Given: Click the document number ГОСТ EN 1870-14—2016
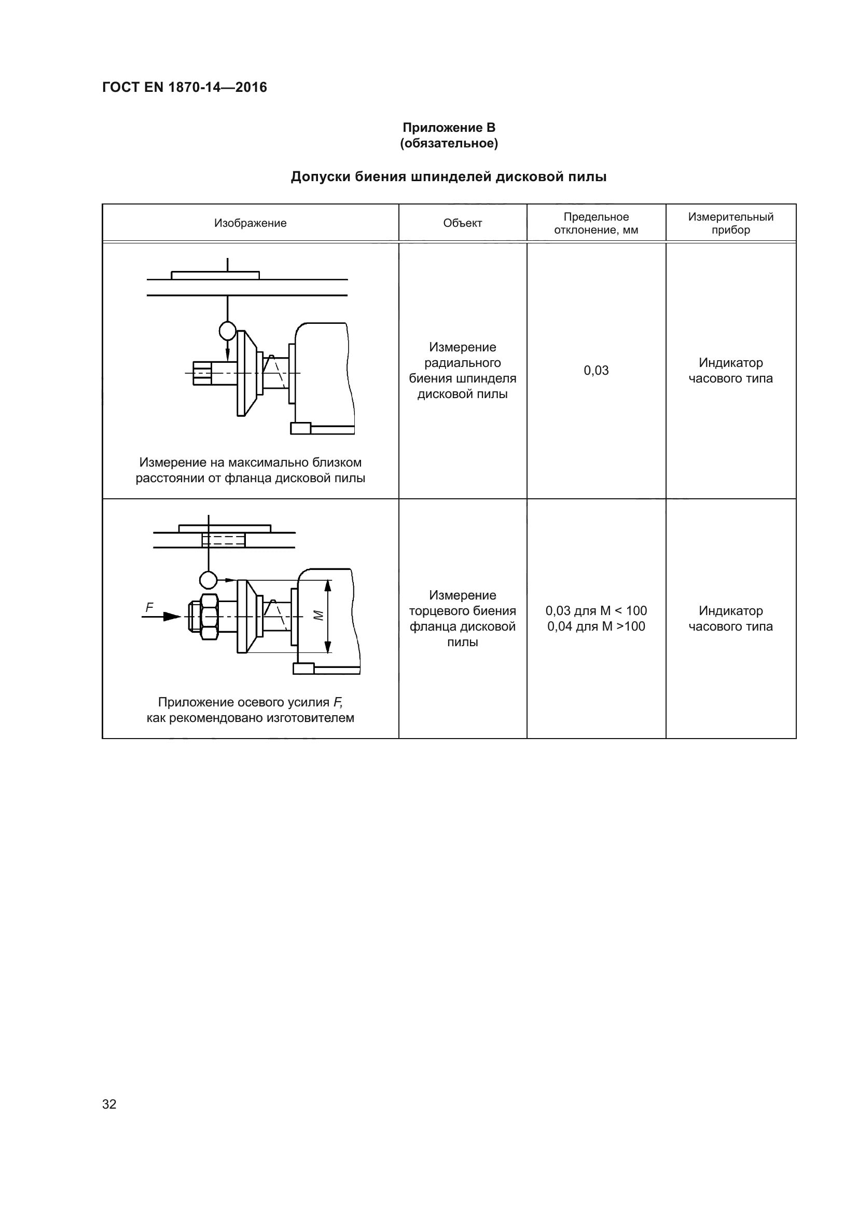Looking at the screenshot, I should (x=184, y=87).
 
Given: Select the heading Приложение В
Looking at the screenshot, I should (x=449, y=128).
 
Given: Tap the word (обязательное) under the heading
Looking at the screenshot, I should (x=449, y=143).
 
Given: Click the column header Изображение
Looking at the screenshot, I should (x=250, y=223).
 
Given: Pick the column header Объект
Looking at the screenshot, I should (x=462, y=223).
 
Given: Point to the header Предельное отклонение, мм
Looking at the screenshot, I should (x=596, y=223).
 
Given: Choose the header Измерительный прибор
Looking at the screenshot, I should (x=730, y=223).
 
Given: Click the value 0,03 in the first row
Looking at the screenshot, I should (x=596, y=371).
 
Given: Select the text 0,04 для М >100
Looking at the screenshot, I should (x=596, y=626).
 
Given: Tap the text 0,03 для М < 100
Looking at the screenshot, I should (x=596, y=611).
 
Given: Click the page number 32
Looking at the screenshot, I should (x=109, y=1104).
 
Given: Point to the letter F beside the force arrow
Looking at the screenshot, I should (x=149, y=608).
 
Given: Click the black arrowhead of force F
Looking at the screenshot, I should (x=172, y=617).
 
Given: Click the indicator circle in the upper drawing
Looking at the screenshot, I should (x=227, y=331).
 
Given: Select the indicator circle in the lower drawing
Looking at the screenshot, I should (x=208, y=580).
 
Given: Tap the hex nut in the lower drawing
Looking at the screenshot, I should (x=209, y=617).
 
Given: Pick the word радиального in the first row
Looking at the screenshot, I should (x=462, y=363).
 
